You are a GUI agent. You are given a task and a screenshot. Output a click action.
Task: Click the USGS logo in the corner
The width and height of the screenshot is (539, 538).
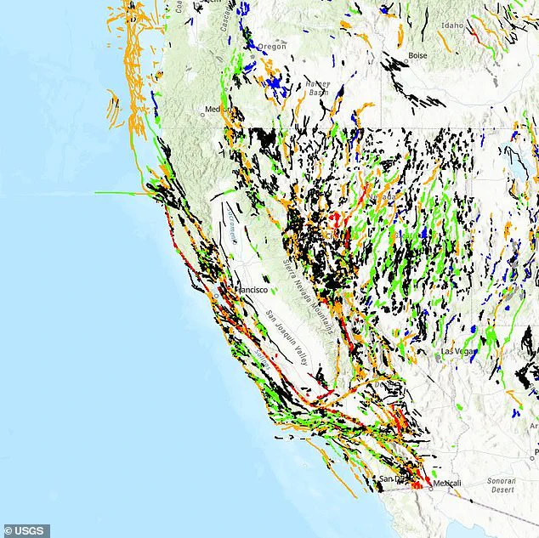25,530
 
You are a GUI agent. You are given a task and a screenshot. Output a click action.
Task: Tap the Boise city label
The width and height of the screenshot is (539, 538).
417,55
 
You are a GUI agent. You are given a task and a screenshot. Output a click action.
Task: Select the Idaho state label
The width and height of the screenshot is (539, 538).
452,25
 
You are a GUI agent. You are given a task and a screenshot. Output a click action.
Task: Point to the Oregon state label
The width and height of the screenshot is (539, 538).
272,46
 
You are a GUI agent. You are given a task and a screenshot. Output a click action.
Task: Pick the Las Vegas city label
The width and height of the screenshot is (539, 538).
458,350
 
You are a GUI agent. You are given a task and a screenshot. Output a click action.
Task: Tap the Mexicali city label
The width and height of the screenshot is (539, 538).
446,484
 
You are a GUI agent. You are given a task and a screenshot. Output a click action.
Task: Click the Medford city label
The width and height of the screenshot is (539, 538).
213,110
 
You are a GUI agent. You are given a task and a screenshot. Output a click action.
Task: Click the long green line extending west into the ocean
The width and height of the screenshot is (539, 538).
119,193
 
